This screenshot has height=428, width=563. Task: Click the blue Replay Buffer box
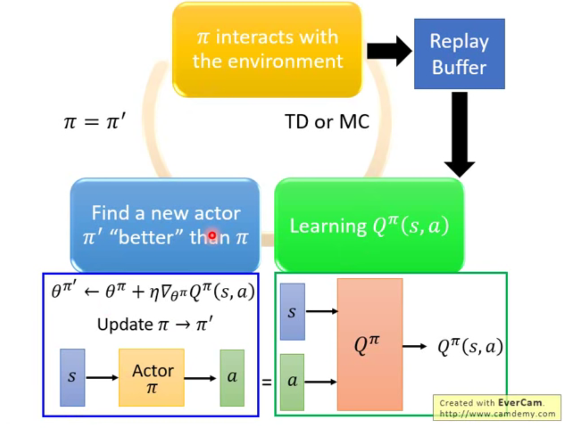[x=459, y=54]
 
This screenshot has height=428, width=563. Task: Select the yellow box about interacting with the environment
[x=267, y=50]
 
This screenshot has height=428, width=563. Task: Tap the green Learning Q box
[x=369, y=225]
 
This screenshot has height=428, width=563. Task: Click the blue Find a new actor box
[x=165, y=225]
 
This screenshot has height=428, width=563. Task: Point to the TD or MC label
[x=327, y=122]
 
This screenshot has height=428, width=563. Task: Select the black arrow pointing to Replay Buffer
[x=389, y=51]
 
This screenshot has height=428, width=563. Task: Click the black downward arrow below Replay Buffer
[x=459, y=134]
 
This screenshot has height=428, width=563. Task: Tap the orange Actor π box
[x=151, y=377]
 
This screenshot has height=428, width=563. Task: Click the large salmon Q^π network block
[x=370, y=344]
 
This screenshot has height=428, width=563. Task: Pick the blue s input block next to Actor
[x=72, y=377]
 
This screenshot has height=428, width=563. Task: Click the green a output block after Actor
[x=232, y=378]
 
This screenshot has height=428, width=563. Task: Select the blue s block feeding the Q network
[x=292, y=311]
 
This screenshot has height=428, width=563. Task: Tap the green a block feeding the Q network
[x=292, y=382]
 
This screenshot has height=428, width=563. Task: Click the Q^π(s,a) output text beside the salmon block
[x=470, y=346]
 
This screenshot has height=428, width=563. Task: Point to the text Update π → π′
[x=155, y=325]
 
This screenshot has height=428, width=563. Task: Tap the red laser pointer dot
[x=212, y=235]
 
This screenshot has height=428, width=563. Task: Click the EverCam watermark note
[x=497, y=407]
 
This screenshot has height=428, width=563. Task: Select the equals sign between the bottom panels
[x=267, y=383]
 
